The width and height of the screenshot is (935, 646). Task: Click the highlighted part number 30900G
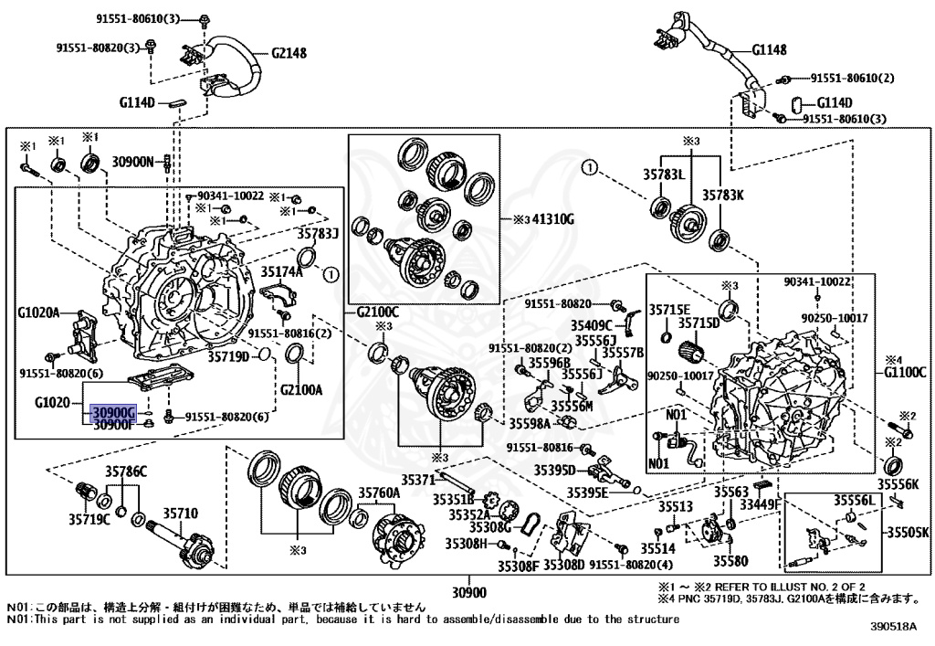pyautogui.click(x=114, y=412)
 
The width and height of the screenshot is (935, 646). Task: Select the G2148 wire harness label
pyautogui.click(x=289, y=53)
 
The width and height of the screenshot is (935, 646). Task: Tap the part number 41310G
pyautogui.click(x=552, y=219)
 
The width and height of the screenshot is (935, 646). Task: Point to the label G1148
pyautogui.click(x=769, y=49)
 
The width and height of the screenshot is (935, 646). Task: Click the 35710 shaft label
pyautogui.click(x=181, y=513)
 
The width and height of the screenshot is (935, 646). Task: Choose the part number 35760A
pyautogui.click(x=379, y=492)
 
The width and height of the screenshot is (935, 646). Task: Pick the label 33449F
pyautogui.click(x=761, y=505)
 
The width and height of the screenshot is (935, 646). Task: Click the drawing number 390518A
pyautogui.click(x=893, y=626)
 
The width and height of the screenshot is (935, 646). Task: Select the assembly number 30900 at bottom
pyautogui.click(x=468, y=592)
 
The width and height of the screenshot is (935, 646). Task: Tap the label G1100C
pyautogui.click(x=905, y=373)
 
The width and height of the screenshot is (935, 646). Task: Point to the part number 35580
pyautogui.click(x=730, y=561)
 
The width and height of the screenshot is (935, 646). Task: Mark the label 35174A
pyautogui.click(x=282, y=272)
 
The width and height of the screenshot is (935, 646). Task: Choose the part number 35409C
pyautogui.click(x=592, y=325)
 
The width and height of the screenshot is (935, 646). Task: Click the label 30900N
pyautogui.click(x=133, y=161)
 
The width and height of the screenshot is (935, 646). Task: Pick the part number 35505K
pyautogui.click(x=909, y=532)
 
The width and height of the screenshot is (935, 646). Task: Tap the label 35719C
pyautogui.click(x=89, y=519)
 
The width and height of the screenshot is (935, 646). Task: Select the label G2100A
pyautogui.click(x=301, y=390)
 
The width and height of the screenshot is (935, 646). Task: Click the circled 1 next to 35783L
pyautogui.click(x=590, y=167)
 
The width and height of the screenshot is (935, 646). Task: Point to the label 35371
pyautogui.click(x=418, y=480)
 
